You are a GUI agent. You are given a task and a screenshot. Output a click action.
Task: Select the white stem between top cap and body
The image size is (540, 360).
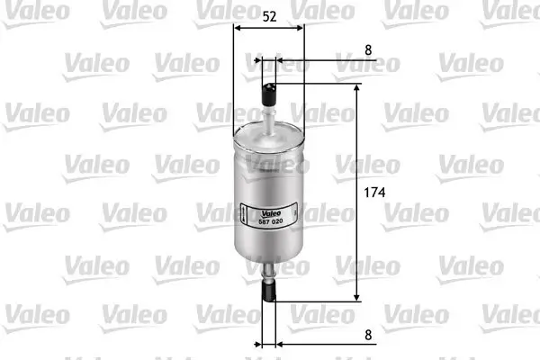(270, 116)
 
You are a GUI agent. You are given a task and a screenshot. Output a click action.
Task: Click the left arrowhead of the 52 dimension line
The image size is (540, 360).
(238, 28)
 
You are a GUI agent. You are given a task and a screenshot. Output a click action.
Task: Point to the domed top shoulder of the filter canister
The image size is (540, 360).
(270, 137)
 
